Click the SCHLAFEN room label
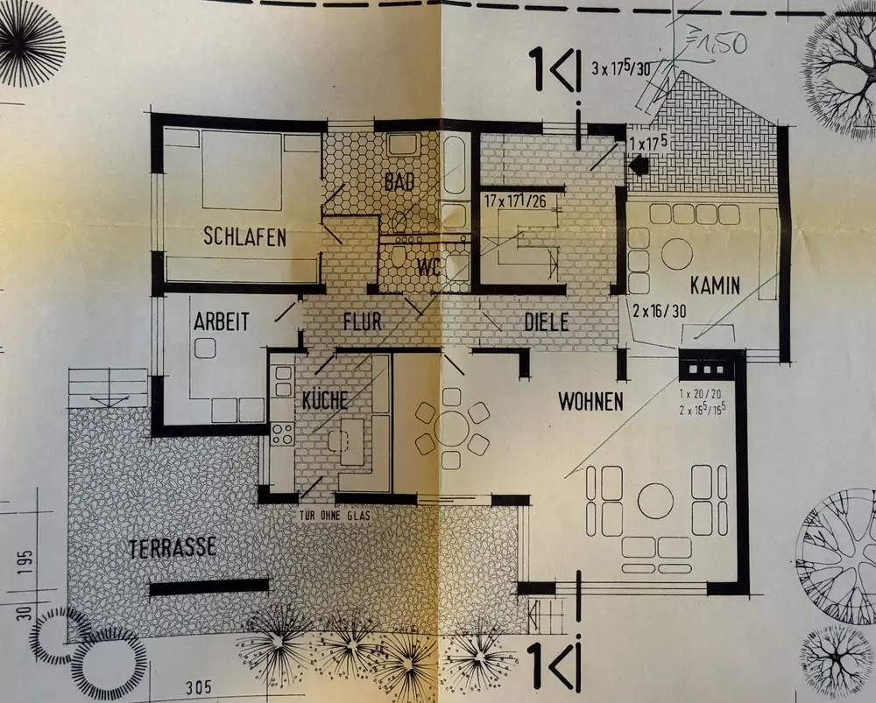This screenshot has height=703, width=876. click(x=244, y=236)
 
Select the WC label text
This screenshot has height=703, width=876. click(x=427, y=265)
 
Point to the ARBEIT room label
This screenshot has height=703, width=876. click(x=220, y=321)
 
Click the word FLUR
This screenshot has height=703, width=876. click(x=363, y=322)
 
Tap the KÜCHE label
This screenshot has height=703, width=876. click(x=324, y=401)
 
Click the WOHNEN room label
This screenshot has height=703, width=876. click(x=591, y=402)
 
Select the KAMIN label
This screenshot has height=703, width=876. click(x=715, y=285)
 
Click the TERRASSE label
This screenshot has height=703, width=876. click(x=172, y=549)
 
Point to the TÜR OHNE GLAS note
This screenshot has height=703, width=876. click(x=335, y=517)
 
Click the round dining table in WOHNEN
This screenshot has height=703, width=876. click(x=452, y=428)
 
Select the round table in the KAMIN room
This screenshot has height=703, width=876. click(x=676, y=254)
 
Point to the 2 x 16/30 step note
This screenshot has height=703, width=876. click(x=659, y=309)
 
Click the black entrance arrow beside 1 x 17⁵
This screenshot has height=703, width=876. click(x=639, y=164)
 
